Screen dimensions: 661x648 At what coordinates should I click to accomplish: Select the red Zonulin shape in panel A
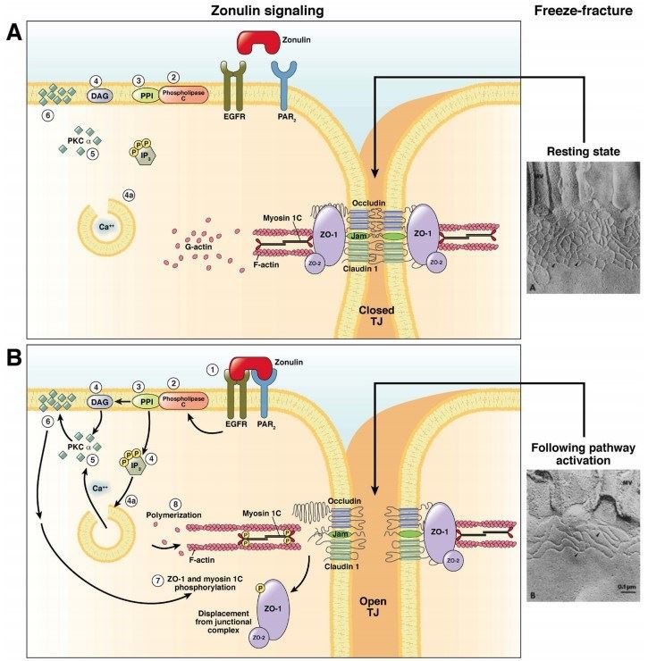(x=257, y=41)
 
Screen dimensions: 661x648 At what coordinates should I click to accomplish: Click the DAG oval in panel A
(x=98, y=96)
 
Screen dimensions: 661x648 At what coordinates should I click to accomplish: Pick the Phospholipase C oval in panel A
(x=182, y=96)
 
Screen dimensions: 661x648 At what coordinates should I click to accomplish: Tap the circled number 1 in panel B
(x=212, y=370)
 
